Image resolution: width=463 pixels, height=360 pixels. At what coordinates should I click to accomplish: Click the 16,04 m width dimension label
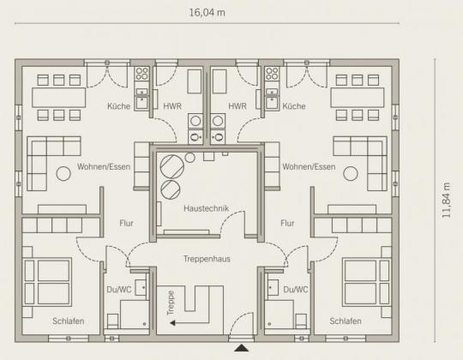(207, 13)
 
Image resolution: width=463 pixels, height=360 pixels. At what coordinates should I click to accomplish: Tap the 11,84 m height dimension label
(446, 201)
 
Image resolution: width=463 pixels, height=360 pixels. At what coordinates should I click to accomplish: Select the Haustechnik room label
(206, 208)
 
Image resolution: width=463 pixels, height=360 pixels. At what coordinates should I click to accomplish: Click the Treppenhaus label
(207, 259)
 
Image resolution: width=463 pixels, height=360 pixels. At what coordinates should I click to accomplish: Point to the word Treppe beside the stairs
(171, 303)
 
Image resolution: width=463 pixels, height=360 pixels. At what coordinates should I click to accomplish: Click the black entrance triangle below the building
(242, 348)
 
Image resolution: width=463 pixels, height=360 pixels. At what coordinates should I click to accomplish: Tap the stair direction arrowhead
(172, 323)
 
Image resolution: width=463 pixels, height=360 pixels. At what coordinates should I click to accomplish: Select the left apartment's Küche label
(118, 106)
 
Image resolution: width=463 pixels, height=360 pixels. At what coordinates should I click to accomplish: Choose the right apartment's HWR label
(238, 106)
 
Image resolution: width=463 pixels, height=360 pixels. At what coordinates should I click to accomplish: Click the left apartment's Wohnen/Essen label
(104, 167)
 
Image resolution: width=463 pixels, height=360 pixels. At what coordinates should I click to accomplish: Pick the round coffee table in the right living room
(351, 173)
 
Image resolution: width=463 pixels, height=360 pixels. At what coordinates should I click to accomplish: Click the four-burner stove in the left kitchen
(141, 74)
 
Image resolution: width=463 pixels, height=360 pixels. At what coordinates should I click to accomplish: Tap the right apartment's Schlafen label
(346, 321)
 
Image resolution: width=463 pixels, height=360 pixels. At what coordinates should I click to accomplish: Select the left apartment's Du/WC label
(119, 290)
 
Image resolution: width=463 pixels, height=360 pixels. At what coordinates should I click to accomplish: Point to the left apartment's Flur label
(126, 223)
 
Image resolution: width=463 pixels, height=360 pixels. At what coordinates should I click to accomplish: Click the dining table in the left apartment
(59, 98)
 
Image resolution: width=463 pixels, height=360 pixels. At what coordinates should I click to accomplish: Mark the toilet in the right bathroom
(301, 321)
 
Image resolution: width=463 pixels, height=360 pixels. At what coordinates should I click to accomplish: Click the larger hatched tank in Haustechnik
(172, 167)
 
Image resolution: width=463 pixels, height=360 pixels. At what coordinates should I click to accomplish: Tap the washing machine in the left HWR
(195, 121)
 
